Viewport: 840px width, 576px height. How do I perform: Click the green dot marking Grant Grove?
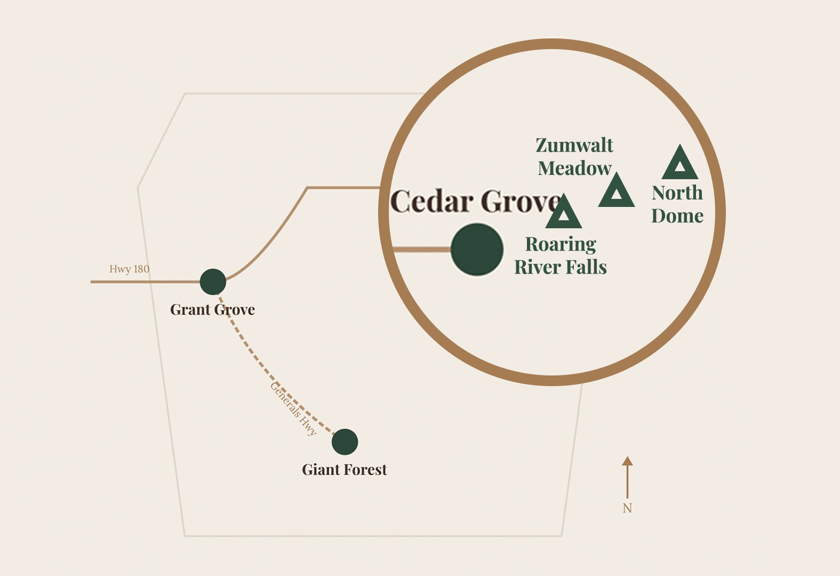click(213, 282)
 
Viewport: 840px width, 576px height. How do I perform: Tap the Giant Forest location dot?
click(345, 442)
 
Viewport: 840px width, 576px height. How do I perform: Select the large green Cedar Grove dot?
click(477, 250)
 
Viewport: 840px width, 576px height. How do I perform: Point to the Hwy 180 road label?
click(129, 269)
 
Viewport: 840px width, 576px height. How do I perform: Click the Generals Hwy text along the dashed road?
click(293, 409)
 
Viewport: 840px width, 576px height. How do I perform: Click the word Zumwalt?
click(574, 145)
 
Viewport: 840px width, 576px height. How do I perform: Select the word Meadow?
click(574, 169)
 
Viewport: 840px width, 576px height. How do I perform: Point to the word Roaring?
click(561, 244)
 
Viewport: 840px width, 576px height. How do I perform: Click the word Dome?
click(677, 215)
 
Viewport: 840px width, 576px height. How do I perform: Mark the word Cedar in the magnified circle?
click(432, 202)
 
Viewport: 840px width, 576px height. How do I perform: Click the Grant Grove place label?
click(212, 309)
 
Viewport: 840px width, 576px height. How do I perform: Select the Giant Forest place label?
click(345, 469)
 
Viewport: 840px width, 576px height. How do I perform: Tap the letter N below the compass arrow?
click(627, 508)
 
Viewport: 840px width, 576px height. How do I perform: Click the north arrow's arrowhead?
click(627, 461)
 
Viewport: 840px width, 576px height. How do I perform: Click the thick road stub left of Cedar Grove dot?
click(421, 249)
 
